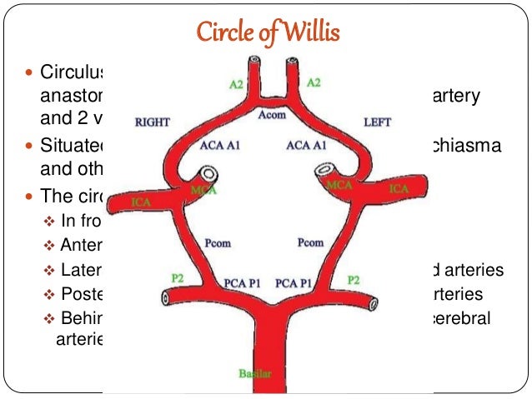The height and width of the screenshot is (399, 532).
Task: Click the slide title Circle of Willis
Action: click(x=266, y=32)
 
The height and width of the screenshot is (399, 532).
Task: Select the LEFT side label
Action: click(x=378, y=122)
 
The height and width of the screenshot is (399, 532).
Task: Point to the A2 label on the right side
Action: click(x=314, y=82)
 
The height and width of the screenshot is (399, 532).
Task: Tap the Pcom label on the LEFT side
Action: click(x=310, y=243)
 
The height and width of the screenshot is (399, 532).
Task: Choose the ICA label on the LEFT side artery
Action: click(x=399, y=189)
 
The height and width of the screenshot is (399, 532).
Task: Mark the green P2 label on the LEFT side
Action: click(x=354, y=280)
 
